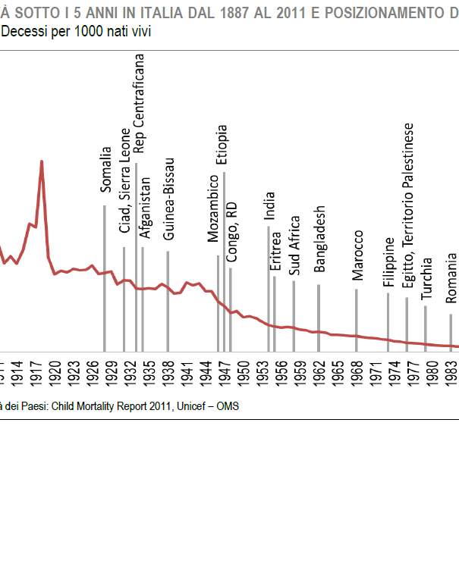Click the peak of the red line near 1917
pos(42,161)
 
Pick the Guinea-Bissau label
pos(169,199)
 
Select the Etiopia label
pos(222,145)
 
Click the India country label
pos(269,205)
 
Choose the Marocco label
pos(358,255)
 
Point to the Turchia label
pos(427,279)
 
